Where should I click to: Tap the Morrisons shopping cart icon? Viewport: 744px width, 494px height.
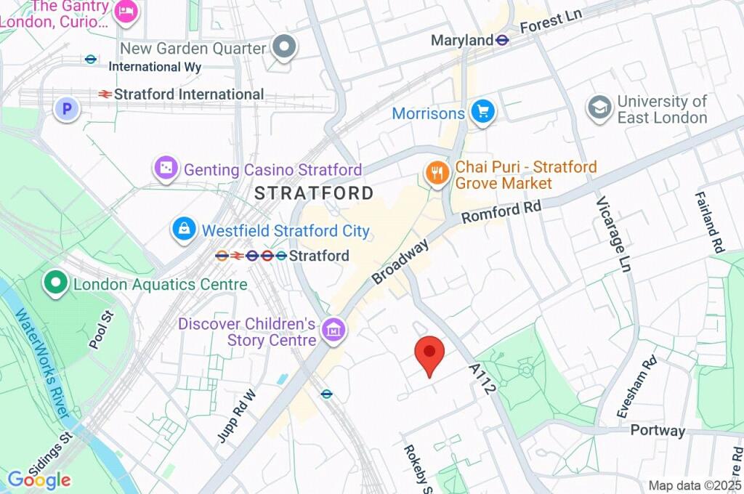482,113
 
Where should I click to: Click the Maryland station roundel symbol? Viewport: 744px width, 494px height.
502,40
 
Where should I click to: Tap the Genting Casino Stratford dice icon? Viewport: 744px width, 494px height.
166,169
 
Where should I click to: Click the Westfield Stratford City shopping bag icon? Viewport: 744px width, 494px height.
184,230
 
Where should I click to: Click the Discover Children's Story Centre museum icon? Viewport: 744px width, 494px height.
334,330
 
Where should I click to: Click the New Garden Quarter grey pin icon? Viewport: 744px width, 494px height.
284,48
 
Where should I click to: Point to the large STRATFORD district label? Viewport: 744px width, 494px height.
314,193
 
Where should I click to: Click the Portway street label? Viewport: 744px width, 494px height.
658,430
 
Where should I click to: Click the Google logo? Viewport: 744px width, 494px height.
39,479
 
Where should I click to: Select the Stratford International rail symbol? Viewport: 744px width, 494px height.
105,94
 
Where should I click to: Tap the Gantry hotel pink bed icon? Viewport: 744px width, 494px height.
128,12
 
